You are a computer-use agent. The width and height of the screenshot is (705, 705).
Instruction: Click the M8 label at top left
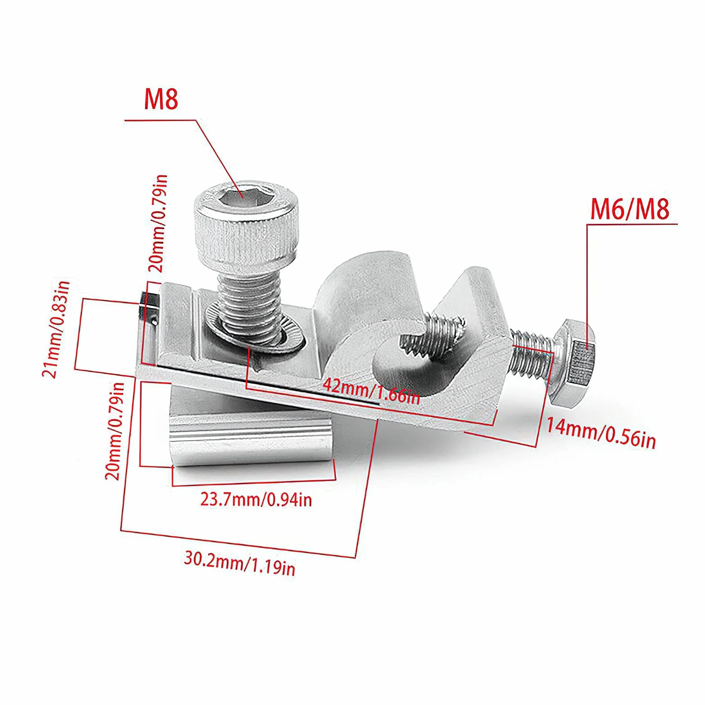(x=161, y=100)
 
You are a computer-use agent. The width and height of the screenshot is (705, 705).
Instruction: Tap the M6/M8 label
(x=629, y=209)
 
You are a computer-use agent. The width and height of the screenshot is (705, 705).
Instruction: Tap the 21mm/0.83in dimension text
(x=56, y=329)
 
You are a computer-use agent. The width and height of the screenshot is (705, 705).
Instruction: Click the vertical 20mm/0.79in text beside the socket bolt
(x=158, y=223)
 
